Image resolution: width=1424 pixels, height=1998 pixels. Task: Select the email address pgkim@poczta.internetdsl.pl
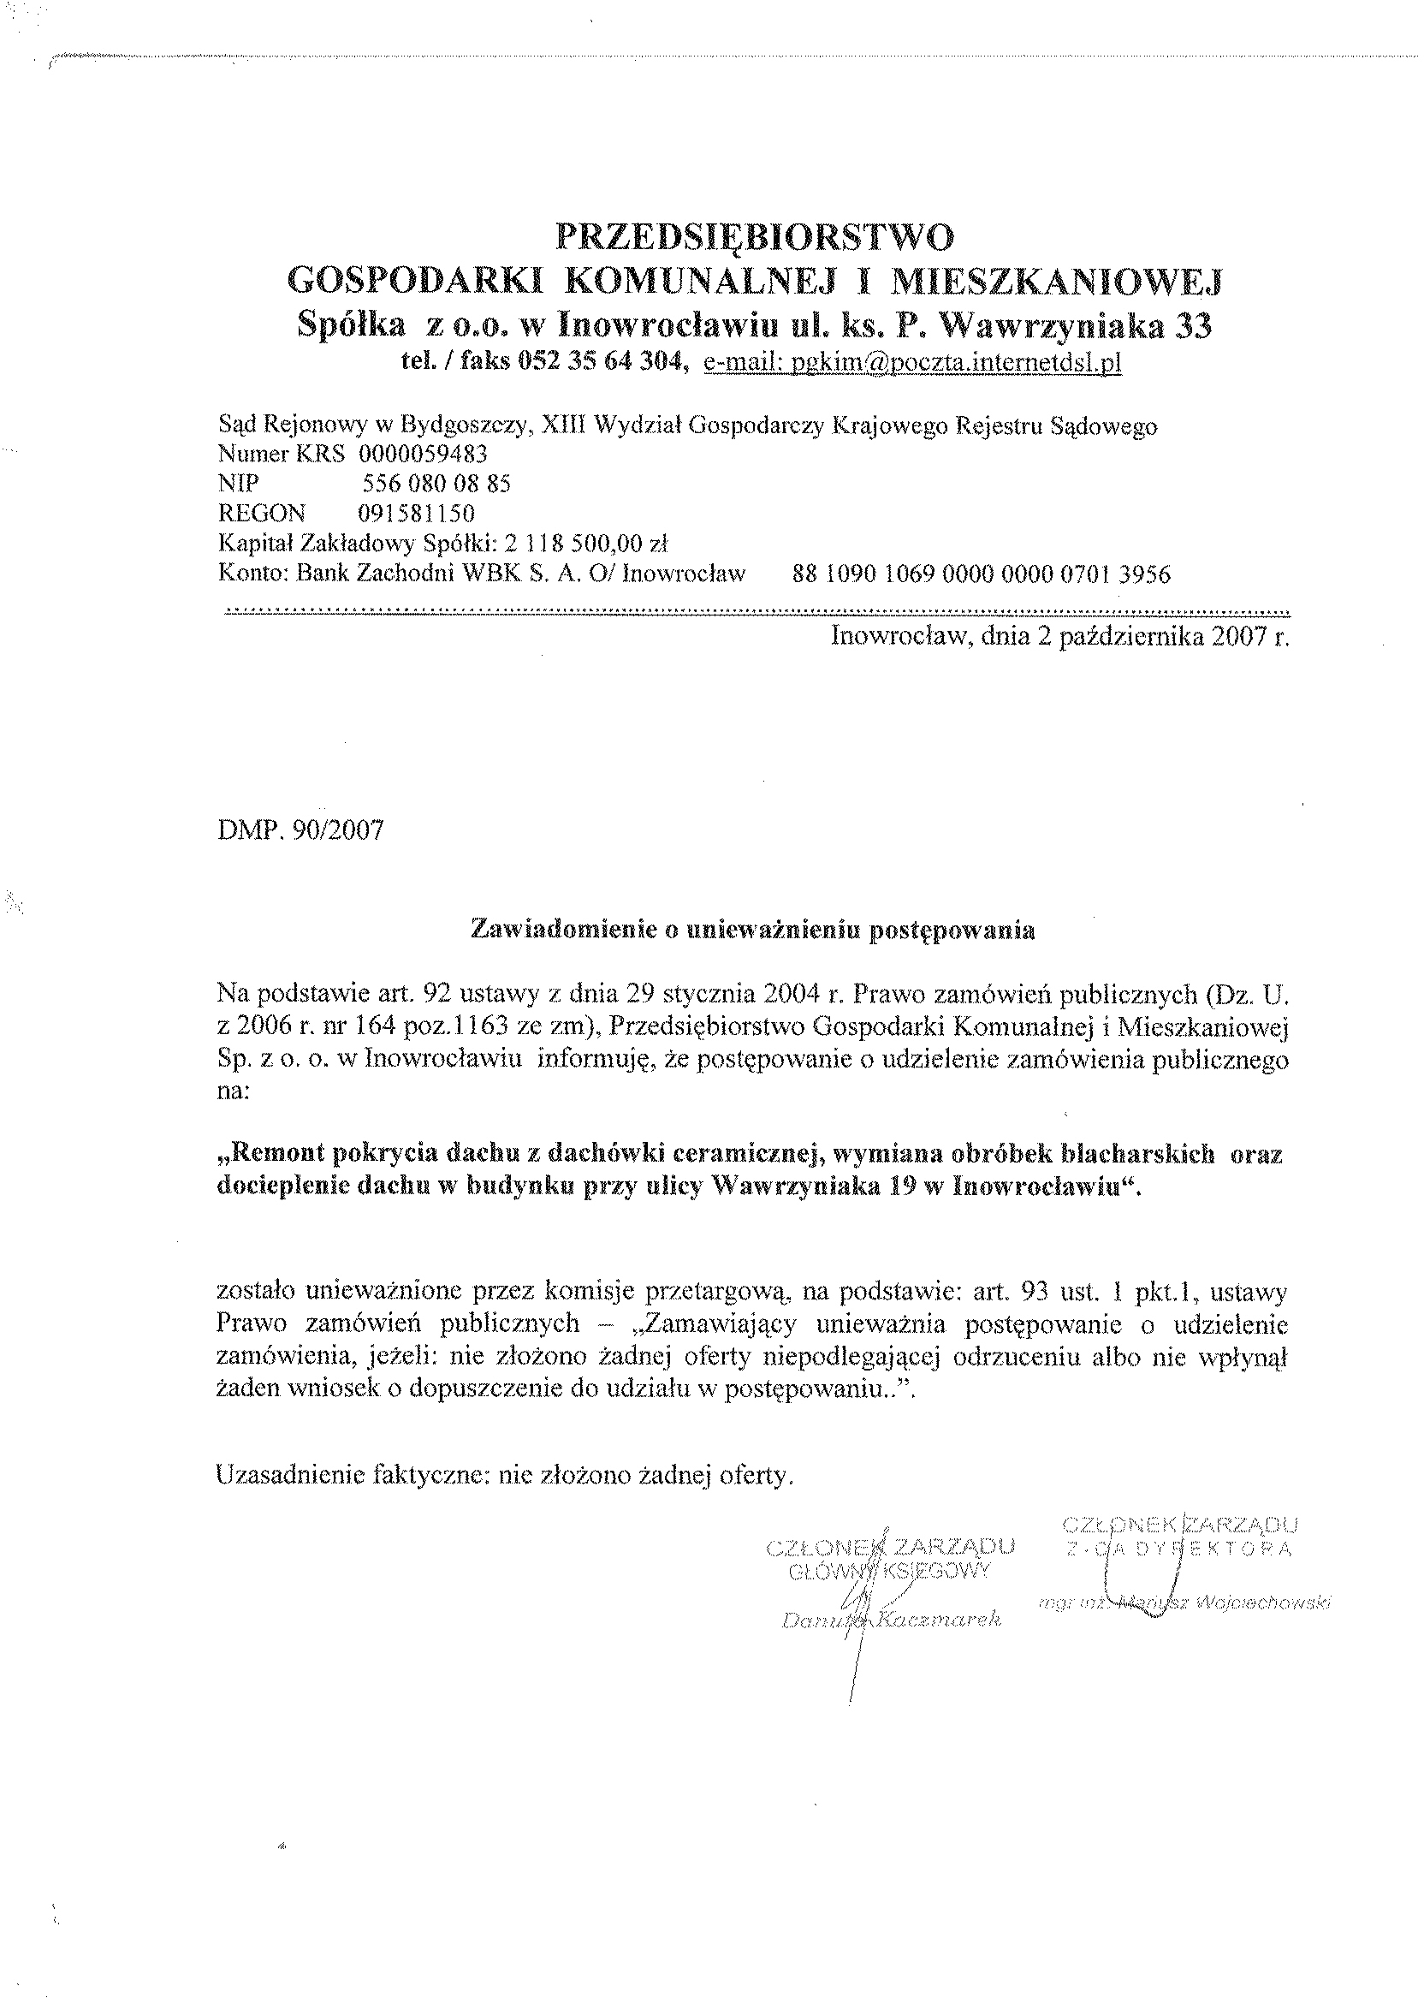(912, 363)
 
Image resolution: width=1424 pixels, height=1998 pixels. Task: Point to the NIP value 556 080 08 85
(436, 484)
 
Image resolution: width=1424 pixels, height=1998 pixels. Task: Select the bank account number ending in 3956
(982, 574)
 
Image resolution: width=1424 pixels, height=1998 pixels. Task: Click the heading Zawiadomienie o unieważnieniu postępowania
(753, 931)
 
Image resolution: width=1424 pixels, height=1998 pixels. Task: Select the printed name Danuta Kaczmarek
(891, 1620)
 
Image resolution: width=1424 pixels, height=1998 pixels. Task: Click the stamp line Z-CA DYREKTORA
(1179, 1549)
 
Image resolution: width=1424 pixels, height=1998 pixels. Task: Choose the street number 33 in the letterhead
(1192, 326)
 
